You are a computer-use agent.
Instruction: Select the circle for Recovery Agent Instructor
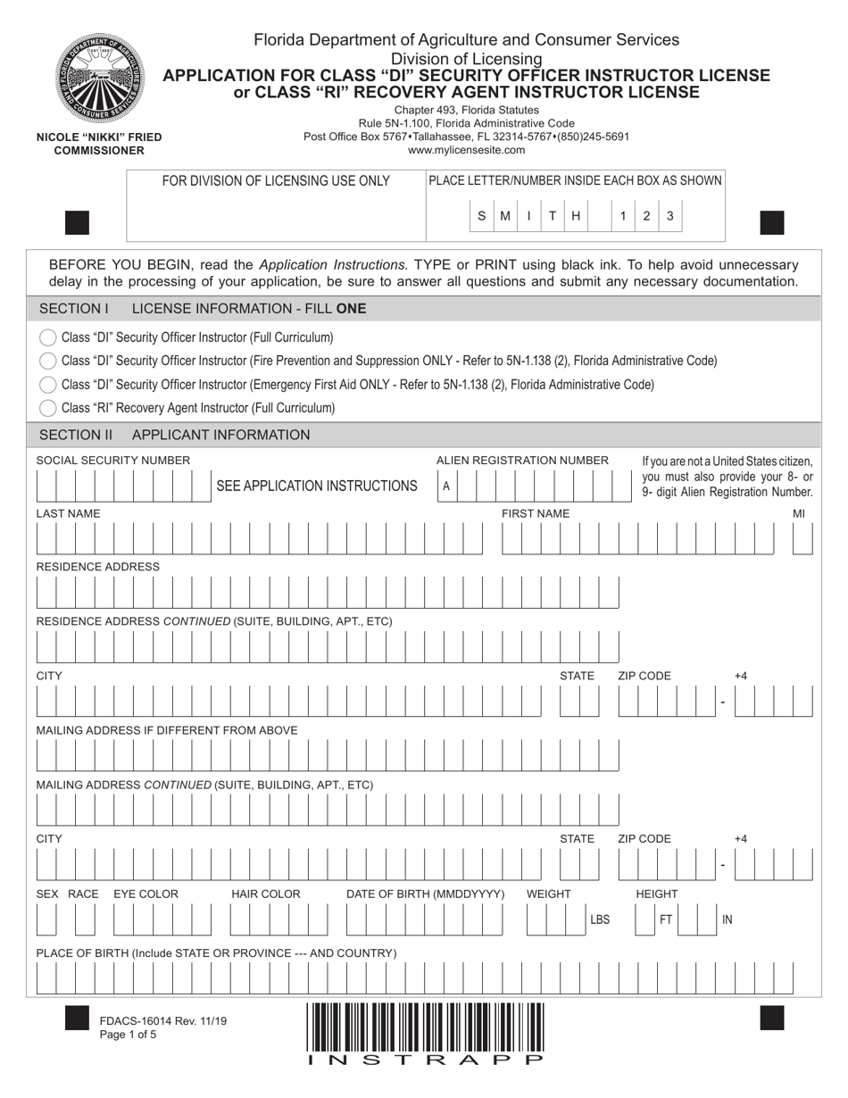pos(48,408)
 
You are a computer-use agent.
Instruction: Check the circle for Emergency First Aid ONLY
pos(48,385)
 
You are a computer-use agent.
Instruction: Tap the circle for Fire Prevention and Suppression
pos(48,361)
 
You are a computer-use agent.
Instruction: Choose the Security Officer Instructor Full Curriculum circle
pos(48,337)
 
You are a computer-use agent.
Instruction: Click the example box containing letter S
pos(481,216)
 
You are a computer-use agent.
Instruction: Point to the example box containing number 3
pos(670,216)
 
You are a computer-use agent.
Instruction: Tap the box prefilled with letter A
pos(446,487)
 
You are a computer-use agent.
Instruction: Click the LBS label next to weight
pos(600,919)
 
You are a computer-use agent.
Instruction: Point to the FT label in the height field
pos(666,919)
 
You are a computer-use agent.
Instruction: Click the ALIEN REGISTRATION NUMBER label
pos(522,461)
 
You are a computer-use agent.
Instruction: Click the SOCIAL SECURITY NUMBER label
pos(112,461)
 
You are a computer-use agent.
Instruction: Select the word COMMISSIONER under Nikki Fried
pos(99,150)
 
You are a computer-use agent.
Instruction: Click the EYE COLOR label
pos(145,894)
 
